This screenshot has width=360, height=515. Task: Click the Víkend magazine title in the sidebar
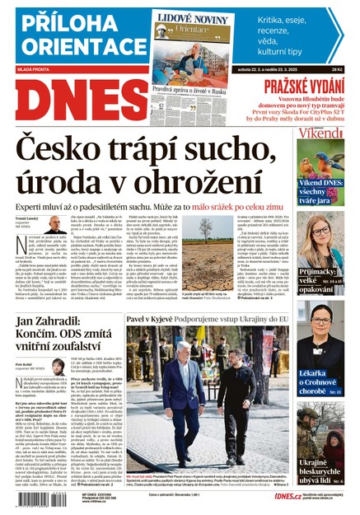click(322, 133)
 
